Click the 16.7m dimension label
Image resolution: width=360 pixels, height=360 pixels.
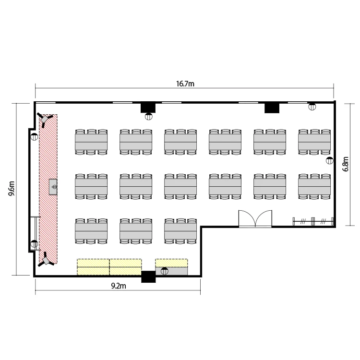click(x=185, y=84)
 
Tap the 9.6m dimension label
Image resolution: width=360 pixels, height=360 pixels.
click(x=12, y=189)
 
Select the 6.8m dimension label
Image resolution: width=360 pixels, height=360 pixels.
click(x=345, y=164)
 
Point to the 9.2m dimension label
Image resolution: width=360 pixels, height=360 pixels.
click(x=119, y=286)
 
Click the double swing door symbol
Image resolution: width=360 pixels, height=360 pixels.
click(x=255, y=219)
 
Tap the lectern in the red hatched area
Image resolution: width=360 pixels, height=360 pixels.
click(x=53, y=187)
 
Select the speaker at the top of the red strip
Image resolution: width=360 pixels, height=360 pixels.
click(x=45, y=120)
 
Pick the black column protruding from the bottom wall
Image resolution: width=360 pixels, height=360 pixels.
click(x=148, y=276)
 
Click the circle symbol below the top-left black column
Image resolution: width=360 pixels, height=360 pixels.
click(x=148, y=117)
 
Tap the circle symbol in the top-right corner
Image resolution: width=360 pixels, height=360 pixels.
click(x=312, y=107)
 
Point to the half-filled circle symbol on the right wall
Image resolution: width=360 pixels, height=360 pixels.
click(x=330, y=160)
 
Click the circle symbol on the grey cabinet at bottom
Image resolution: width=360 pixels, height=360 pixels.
click(x=165, y=271)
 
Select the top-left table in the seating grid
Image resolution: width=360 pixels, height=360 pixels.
click(x=91, y=142)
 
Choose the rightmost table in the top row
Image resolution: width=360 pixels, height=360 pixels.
click(x=314, y=142)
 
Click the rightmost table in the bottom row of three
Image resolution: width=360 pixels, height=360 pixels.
click(x=180, y=231)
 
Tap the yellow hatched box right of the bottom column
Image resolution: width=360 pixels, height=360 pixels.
click(x=171, y=263)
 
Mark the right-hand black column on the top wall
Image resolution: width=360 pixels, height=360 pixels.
click(x=272, y=108)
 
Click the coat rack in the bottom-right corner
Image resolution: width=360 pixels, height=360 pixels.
click(x=313, y=222)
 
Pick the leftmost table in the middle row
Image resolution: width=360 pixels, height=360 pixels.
click(x=91, y=186)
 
